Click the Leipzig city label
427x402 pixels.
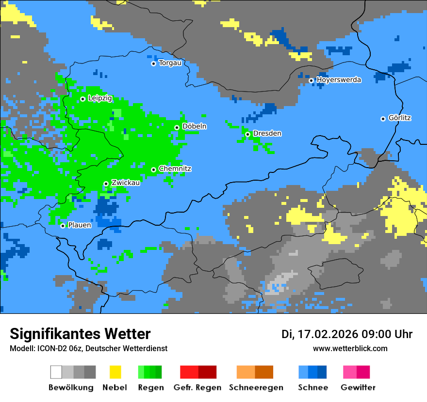(x=100, y=98)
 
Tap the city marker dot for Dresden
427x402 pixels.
(x=247, y=134)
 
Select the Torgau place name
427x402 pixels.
(x=170, y=63)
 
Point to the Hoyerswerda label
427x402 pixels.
(x=339, y=80)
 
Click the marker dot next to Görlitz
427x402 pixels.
(x=383, y=119)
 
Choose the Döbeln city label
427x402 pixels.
(x=194, y=126)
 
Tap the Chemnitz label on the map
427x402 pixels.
(x=175, y=169)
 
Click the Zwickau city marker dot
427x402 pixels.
(x=106, y=184)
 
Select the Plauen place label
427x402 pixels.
(x=80, y=225)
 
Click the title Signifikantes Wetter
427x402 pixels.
(x=80, y=334)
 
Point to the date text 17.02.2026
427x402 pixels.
(x=328, y=334)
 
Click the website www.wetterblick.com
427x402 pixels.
(x=350, y=349)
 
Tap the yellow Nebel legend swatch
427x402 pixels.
(x=115, y=372)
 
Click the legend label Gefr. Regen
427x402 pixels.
(x=197, y=387)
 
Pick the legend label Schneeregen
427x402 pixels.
(x=256, y=387)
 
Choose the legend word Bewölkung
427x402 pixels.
(x=71, y=387)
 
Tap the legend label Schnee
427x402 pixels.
(x=313, y=387)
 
